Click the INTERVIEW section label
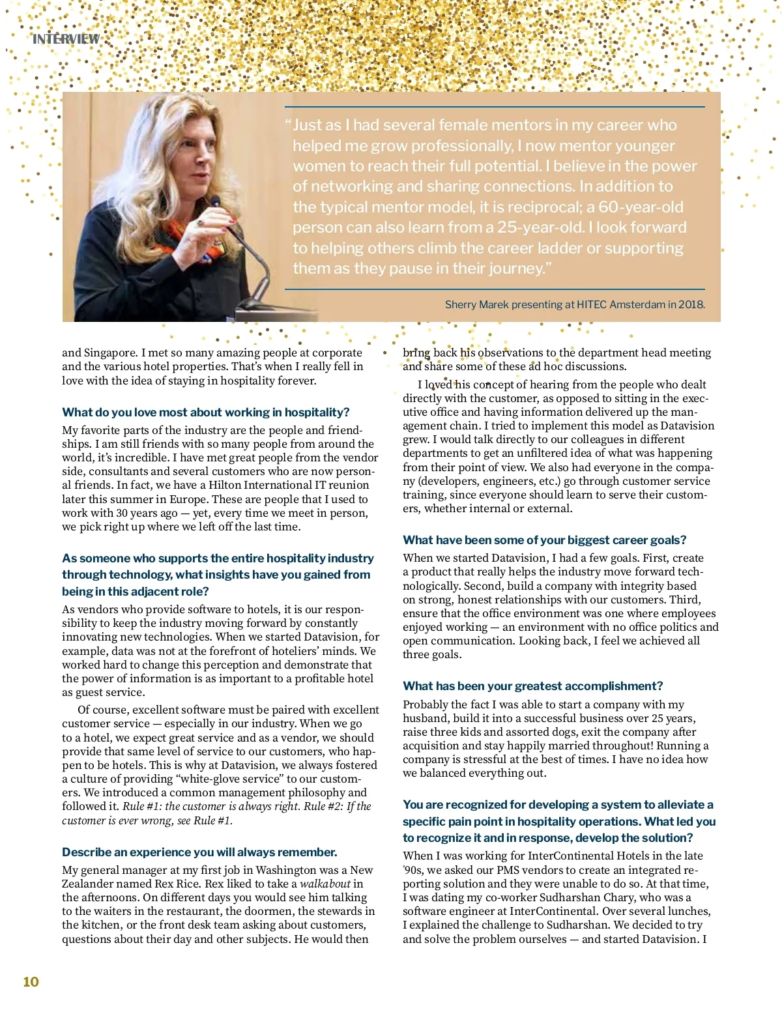point(66,39)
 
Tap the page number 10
point(31,982)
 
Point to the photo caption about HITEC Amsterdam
point(574,304)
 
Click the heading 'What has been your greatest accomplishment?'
point(532,686)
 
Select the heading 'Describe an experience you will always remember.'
point(199,852)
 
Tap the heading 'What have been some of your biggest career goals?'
point(544,540)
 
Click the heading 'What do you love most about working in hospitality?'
point(205,412)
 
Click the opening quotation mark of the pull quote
point(287,125)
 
